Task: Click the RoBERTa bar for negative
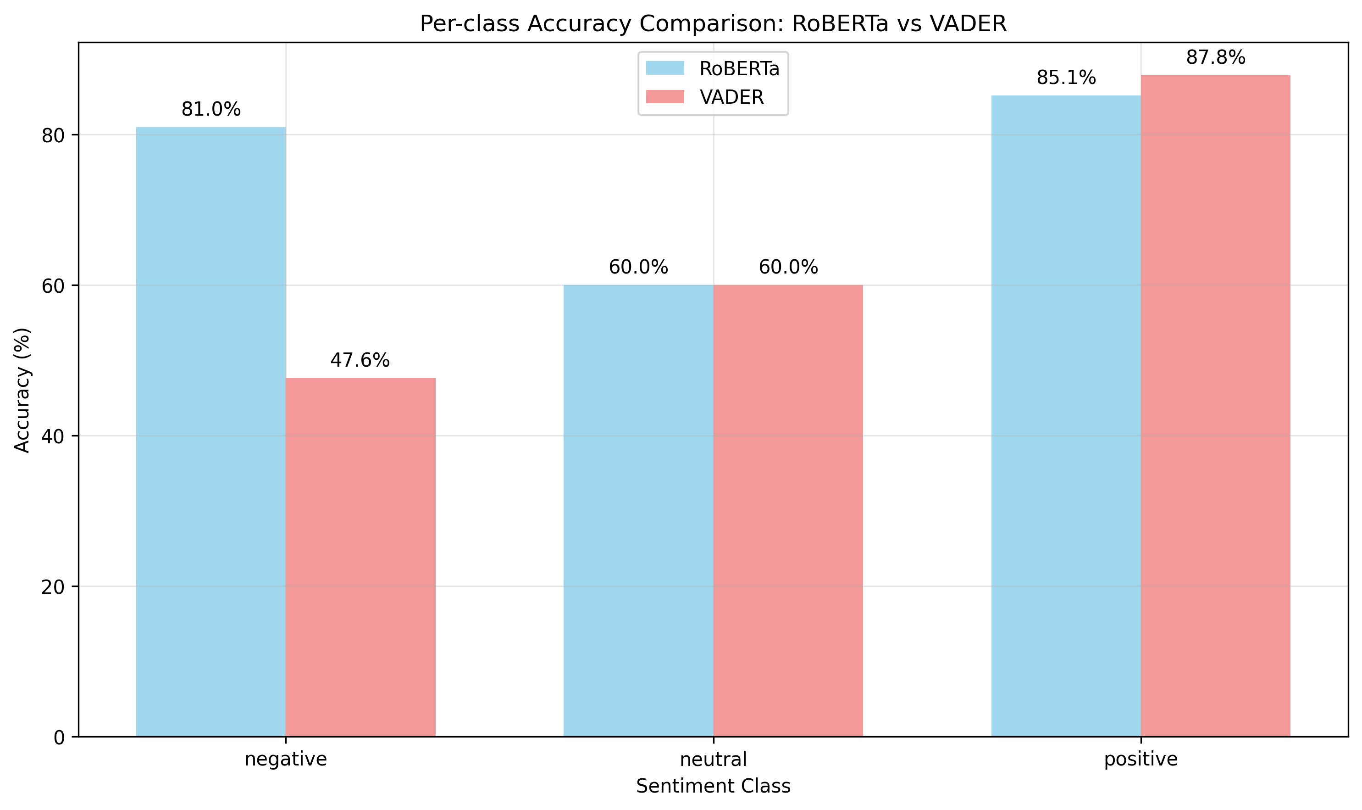(x=210, y=431)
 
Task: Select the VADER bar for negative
(x=360, y=557)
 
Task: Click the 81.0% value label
(x=211, y=110)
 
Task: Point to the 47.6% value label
(x=360, y=360)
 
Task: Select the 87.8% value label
(x=1216, y=57)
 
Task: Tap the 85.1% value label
(x=1066, y=78)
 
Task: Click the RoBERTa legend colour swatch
(x=665, y=68)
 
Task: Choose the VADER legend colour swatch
(x=665, y=97)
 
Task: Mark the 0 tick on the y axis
(x=59, y=737)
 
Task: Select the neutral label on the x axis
(x=714, y=759)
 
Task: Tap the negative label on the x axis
(x=286, y=759)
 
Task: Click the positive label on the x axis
(x=1141, y=759)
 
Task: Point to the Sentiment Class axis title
(x=714, y=786)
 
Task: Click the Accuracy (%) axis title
(x=22, y=390)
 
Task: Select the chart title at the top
(x=713, y=23)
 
